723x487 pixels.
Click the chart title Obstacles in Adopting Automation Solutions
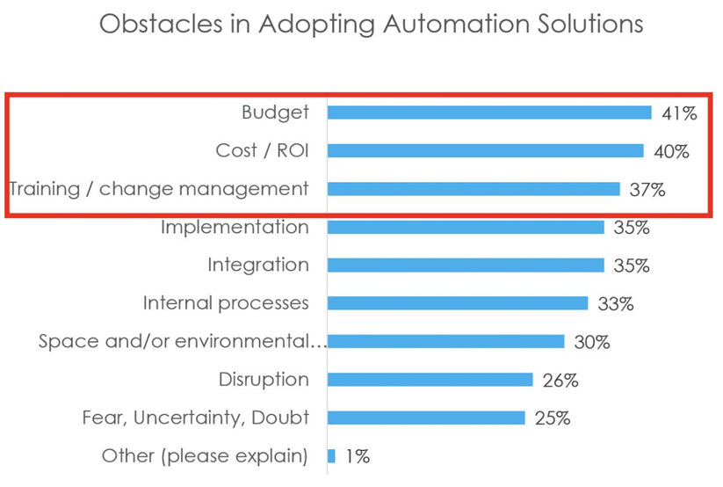click(371, 24)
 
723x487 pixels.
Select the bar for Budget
click(489, 113)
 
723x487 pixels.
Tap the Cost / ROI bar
click(485, 151)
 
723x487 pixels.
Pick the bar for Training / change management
click(474, 189)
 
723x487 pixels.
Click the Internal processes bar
click(457, 303)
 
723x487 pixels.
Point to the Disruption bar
click(430, 380)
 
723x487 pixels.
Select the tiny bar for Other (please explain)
click(331, 456)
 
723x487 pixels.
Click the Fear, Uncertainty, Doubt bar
click(426, 418)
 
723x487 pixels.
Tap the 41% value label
click(678, 113)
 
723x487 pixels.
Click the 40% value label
click(671, 151)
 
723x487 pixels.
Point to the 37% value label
click(647, 190)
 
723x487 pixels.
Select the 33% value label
click(615, 304)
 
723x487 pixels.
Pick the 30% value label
click(591, 342)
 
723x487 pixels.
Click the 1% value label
click(357, 457)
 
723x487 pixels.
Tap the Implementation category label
click(235, 227)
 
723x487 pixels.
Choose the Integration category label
click(258, 265)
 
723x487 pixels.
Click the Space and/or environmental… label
click(182, 341)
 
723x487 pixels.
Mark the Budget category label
click(275, 113)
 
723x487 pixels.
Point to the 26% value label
click(560, 381)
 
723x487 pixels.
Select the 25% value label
click(552, 418)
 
